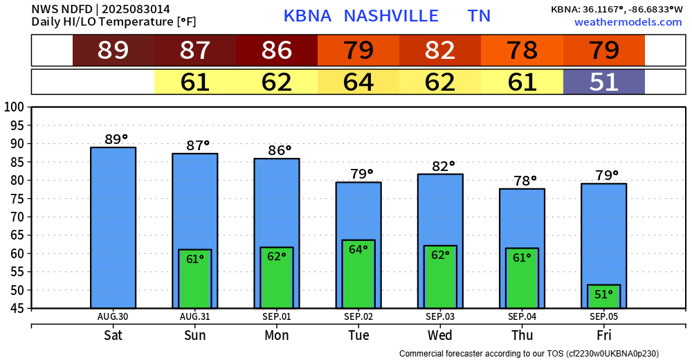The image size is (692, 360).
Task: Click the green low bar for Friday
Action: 603,296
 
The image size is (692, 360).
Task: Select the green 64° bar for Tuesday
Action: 358,273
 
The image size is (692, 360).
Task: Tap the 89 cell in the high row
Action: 113,51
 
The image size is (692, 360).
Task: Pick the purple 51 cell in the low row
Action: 603,82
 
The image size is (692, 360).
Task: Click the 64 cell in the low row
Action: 358,82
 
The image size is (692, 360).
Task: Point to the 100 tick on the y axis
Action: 14,107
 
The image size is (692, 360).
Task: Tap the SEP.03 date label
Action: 440,316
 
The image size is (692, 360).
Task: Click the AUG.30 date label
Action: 113,316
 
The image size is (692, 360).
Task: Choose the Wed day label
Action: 440,336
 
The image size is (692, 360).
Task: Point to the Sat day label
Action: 113,336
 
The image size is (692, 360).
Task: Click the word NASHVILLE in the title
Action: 391,16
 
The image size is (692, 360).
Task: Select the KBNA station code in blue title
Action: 307,16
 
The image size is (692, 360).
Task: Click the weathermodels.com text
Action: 628,22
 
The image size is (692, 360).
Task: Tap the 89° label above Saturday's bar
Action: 116,139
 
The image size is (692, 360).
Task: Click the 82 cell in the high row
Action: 440,51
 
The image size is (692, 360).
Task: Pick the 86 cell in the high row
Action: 277,51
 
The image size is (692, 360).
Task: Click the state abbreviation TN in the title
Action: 479,16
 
